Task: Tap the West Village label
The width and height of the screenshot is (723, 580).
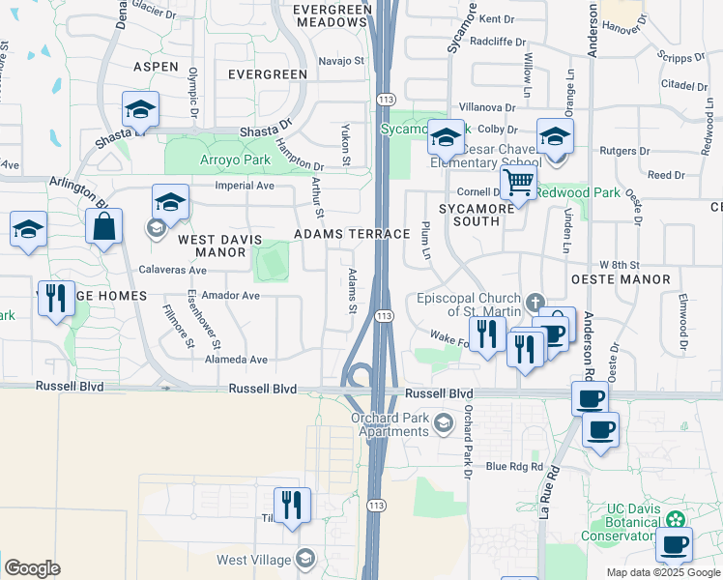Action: [x=254, y=560]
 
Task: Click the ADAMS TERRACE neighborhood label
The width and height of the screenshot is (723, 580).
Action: [x=338, y=234]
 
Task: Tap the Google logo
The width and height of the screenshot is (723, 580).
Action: [x=32, y=568]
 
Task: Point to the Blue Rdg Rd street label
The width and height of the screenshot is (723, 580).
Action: [x=514, y=466]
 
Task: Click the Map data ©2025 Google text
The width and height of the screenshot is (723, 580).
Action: [x=662, y=572]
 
